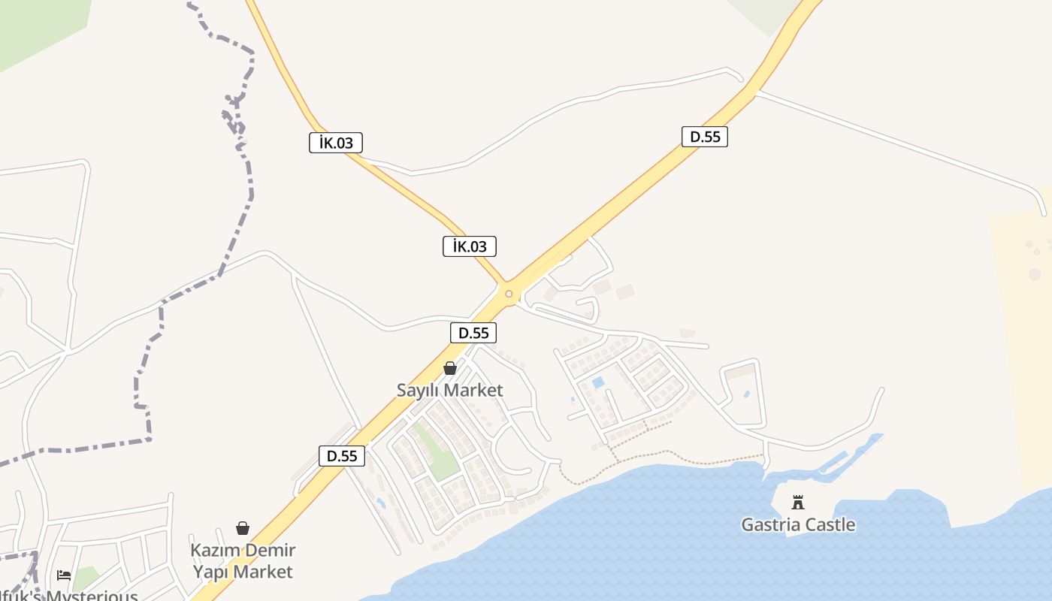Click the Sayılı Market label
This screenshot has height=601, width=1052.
tap(449, 391)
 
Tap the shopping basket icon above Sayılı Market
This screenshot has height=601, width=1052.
tap(450, 368)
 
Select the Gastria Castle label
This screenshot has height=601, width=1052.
tap(798, 524)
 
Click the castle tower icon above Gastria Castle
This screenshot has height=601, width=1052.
tap(798, 503)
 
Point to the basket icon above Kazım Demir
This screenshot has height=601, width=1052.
tap(243, 528)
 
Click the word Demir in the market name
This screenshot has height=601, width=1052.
tap(268, 550)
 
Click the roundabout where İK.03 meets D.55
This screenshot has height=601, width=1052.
tap(509, 294)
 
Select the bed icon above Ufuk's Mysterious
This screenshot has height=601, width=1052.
tap(64, 575)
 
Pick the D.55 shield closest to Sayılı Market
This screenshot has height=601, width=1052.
tap(473, 333)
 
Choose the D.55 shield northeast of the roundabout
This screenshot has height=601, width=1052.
tap(705, 137)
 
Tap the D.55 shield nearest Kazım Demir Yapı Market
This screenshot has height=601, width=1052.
tap(342, 456)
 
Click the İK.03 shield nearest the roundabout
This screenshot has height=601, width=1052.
tap(470, 246)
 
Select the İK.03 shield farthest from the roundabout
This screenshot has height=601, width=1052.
tap(336, 143)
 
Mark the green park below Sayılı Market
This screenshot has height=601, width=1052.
tap(436, 451)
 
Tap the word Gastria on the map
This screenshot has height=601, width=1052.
tap(769, 524)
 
